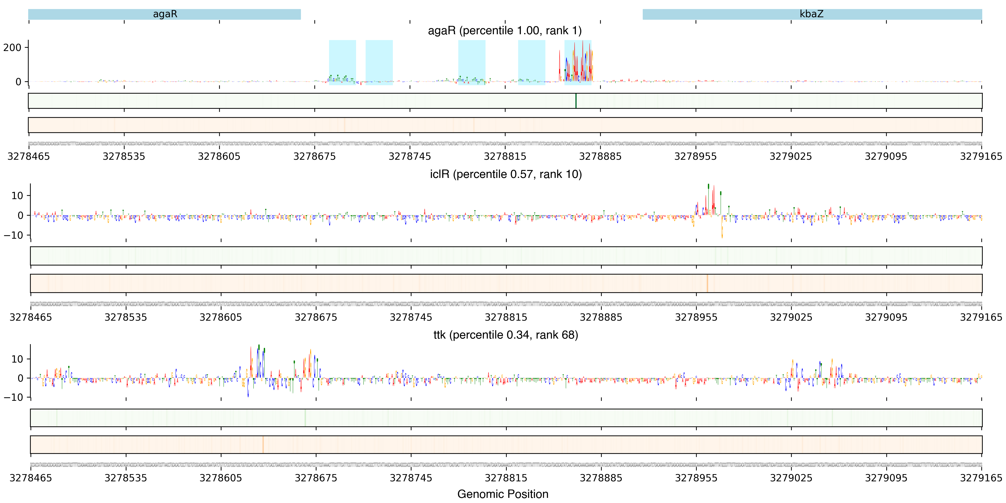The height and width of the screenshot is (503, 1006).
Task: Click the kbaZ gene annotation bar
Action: point(812,14)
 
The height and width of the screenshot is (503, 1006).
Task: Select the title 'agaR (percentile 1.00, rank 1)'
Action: point(505,31)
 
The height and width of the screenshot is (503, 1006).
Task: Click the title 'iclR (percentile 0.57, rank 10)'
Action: point(506,174)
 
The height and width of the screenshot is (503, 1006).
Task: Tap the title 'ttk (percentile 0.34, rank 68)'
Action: point(506,335)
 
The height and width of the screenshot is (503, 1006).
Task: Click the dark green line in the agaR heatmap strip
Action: point(576,101)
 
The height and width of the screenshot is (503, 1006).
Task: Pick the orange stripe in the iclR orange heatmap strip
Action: point(707,283)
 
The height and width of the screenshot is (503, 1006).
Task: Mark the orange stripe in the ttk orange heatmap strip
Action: point(263,444)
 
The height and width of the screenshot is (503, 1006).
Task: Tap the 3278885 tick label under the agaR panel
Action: point(600,156)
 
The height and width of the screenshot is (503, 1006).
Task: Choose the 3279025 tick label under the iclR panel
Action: point(791,317)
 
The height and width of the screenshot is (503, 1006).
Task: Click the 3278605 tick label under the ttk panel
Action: point(221,478)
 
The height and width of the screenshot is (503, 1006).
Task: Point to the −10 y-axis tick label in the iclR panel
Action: point(14,235)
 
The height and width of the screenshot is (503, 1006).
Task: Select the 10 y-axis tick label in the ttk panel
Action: point(17,359)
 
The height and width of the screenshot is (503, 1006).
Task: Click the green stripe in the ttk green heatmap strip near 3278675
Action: point(305,418)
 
